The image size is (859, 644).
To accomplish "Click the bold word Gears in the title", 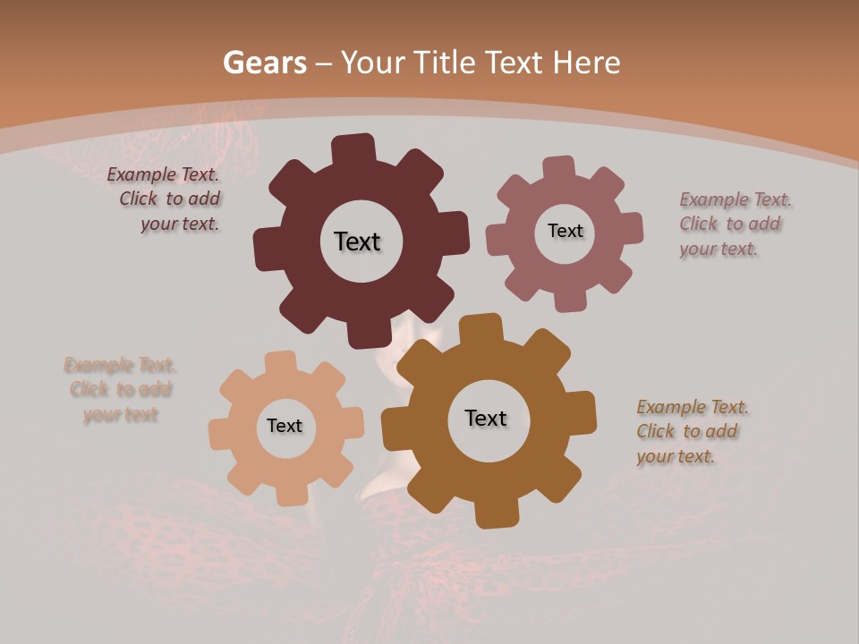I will click(264, 63).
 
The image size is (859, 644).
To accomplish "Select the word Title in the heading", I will click(445, 63).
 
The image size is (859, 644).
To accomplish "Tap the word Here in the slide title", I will click(586, 63).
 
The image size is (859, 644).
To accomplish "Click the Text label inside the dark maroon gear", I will click(357, 241).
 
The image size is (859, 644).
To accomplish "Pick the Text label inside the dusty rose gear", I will click(565, 231).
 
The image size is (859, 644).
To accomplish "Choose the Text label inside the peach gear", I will click(285, 426).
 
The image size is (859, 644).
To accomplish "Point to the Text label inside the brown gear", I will click(486, 418).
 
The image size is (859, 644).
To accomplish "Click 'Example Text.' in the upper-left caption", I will click(163, 174).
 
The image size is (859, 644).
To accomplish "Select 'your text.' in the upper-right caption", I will click(719, 250).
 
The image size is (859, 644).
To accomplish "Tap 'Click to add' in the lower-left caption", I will click(121, 390).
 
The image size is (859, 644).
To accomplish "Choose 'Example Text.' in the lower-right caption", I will click(693, 408).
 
